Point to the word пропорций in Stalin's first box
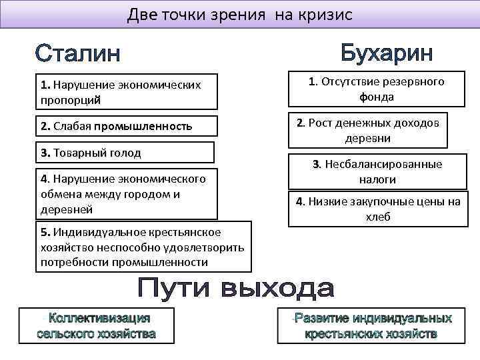[70, 99]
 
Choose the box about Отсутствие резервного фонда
[377, 89]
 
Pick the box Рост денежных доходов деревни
[368, 130]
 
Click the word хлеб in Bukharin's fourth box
[377, 217]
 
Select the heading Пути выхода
[236, 289]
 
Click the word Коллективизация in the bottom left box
[99, 319]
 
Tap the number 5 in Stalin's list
[43, 231]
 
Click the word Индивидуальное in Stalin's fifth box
[97, 231]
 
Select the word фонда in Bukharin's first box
[377, 97]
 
